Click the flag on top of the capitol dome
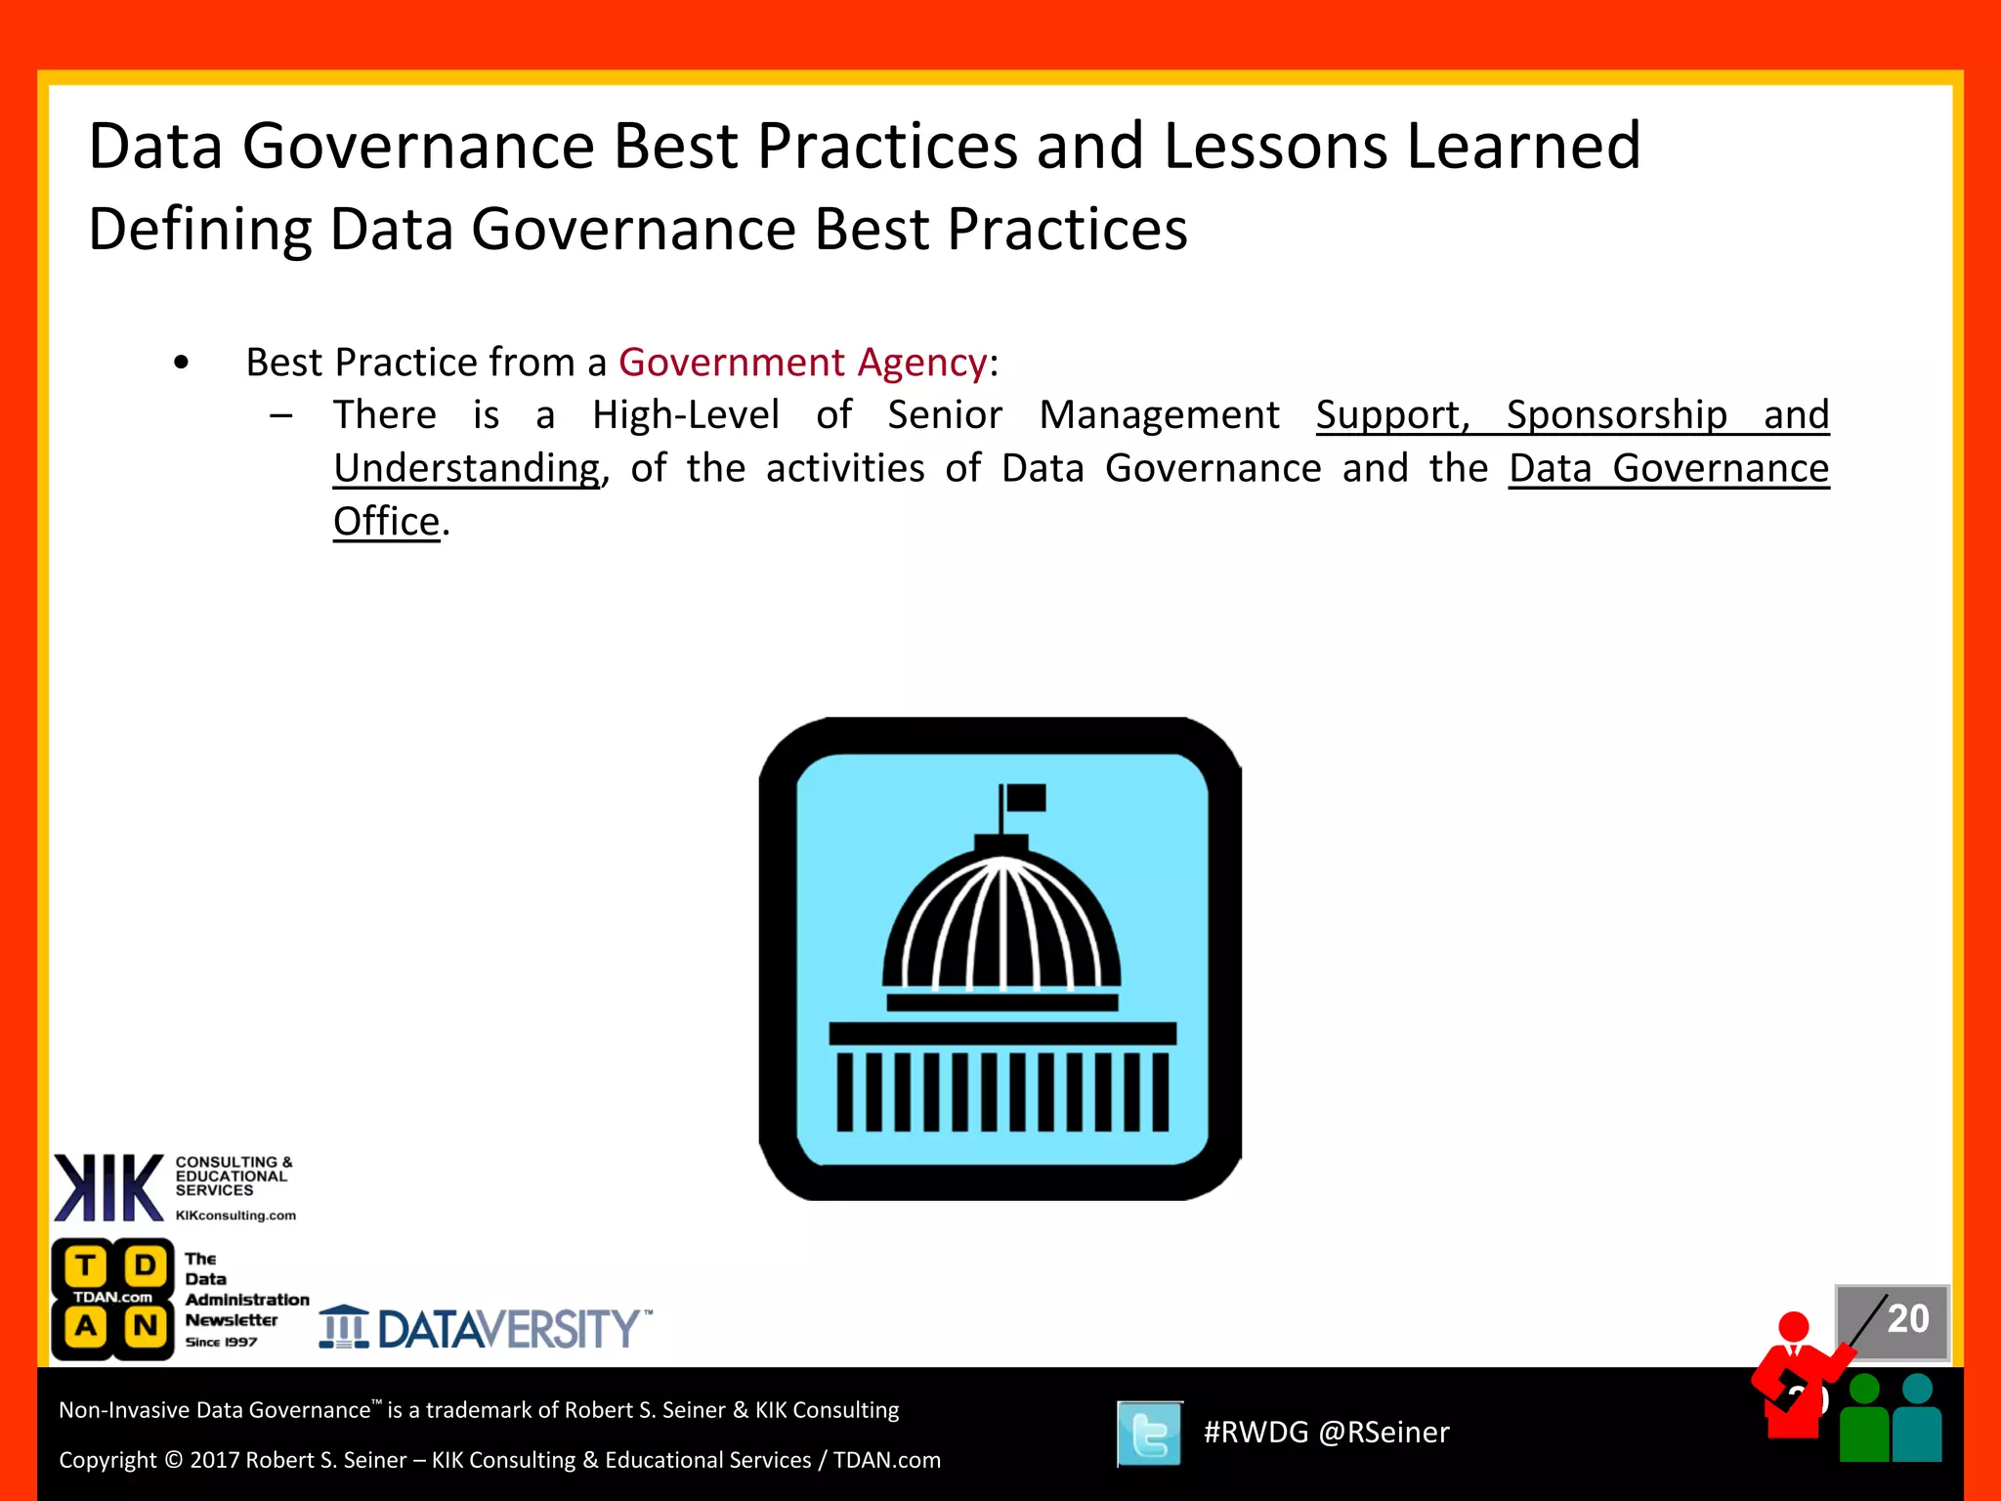pyautogui.click(x=1025, y=798)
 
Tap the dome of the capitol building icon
pyautogui.click(x=1001, y=923)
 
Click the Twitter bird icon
pyautogui.click(x=1150, y=1434)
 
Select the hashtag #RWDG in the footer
pyautogui.click(x=1256, y=1433)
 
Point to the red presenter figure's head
pyautogui.click(x=1794, y=1327)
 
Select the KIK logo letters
pyautogui.click(x=108, y=1187)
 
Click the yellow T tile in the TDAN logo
pyautogui.click(x=86, y=1265)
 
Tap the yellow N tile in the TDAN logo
pyautogui.click(x=146, y=1326)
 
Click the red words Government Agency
pyautogui.click(x=802, y=363)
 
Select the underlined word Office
pyautogui.click(x=387, y=522)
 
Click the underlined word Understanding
pyautogui.click(x=467, y=469)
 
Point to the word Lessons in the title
pyautogui.click(x=1275, y=147)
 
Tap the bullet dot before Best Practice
pyautogui.click(x=181, y=364)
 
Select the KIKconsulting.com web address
pyautogui.click(x=235, y=1216)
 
